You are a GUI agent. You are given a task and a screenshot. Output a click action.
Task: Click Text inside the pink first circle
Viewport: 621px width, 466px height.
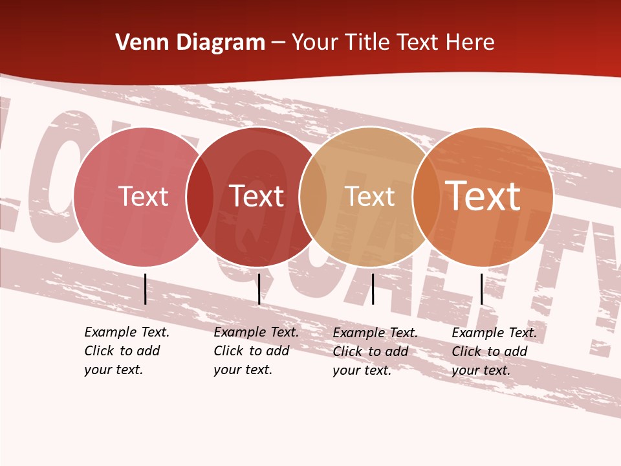click(143, 196)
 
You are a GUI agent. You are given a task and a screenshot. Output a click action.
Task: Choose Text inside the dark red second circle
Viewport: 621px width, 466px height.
click(257, 196)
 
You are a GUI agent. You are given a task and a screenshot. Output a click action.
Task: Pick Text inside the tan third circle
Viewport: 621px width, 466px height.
click(370, 197)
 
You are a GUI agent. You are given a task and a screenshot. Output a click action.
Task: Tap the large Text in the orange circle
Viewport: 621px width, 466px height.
click(483, 196)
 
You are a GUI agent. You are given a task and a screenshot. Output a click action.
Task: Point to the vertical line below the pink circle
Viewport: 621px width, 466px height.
click(145, 289)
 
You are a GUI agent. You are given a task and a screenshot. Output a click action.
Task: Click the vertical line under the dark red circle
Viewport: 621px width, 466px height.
click(259, 289)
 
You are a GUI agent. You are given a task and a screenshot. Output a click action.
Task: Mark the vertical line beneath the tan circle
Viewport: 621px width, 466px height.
click(373, 289)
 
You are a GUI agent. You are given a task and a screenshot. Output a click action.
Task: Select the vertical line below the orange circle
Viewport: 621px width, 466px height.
click(481, 289)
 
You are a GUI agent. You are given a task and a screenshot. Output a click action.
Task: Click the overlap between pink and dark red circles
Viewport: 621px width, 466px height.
click(200, 197)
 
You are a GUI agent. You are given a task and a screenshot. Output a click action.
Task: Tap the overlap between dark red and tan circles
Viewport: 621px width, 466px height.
click(313, 197)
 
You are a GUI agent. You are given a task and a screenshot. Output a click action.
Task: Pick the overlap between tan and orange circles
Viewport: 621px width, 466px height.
click(426, 197)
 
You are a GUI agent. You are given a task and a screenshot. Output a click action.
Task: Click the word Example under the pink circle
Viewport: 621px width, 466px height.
click(103, 332)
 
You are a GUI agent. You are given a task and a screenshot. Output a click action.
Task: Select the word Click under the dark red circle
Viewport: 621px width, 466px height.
click(228, 351)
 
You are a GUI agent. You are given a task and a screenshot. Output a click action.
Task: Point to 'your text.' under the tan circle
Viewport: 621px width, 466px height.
click(362, 370)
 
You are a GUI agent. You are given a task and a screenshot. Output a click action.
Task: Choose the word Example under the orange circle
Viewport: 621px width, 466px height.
click(470, 333)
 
